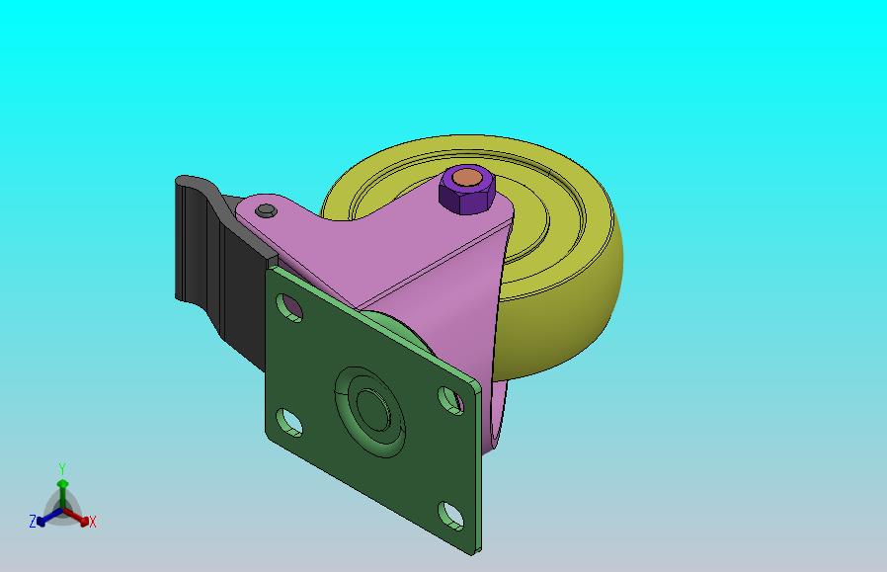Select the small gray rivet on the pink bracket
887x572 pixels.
coord(266,211)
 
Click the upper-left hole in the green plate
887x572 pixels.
coord(289,308)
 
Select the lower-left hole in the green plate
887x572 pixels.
coord(289,423)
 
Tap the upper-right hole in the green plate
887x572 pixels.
coord(450,400)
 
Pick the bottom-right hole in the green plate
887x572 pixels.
coord(450,516)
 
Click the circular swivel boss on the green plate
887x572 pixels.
coord(370,412)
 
